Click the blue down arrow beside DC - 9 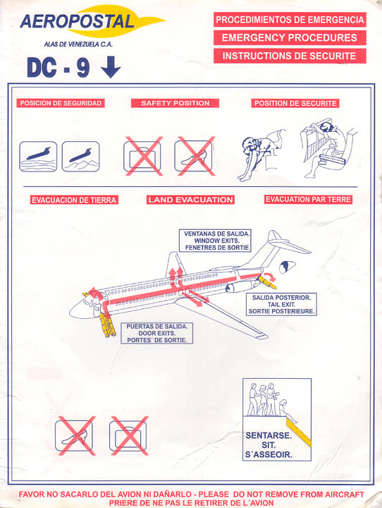click(111, 67)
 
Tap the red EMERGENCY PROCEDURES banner click(290, 37)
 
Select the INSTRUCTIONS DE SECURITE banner click(290, 56)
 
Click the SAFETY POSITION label click(175, 103)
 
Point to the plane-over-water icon click(38, 157)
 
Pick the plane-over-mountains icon click(80, 157)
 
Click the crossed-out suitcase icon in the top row click(143, 157)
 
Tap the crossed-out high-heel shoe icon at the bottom click(75, 436)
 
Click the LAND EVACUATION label click(191, 200)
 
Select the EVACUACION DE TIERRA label click(74, 200)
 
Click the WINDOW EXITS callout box click(215, 241)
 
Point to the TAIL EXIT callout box click(281, 304)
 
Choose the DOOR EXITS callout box click(156, 333)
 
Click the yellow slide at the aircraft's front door click(107, 325)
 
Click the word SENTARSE click(269, 435)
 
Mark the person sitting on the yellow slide click(286, 411)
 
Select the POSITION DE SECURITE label click(295, 103)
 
